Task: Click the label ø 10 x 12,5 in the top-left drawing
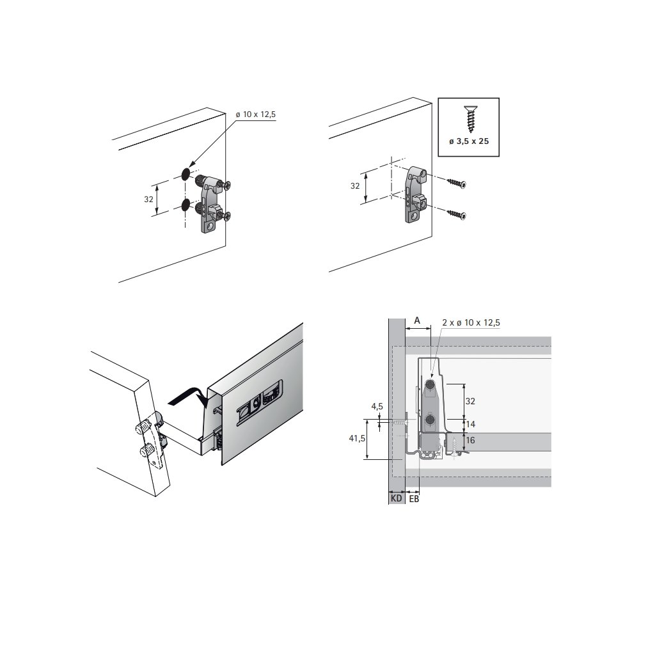(256, 114)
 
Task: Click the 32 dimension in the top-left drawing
(148, 200)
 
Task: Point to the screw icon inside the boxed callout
(469, 119)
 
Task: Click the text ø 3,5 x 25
(469, 141)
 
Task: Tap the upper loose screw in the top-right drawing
(457, 183)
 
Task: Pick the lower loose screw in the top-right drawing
(457, 215)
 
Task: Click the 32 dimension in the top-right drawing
(355, 186)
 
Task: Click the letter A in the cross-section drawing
(417, 321)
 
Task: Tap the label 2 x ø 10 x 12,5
(471, 322)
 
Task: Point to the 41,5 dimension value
(357, 438)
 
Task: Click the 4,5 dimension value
(377, 406)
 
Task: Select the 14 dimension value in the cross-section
(470, 425)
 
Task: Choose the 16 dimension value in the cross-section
(470, 440)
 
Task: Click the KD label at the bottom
(397, 498)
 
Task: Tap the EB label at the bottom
(414, 498)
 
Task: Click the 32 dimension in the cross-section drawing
(470, 401)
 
